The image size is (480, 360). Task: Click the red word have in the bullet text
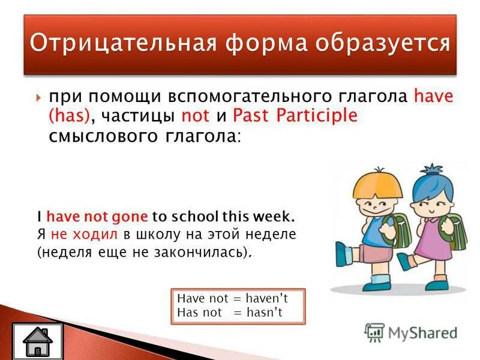click(434, 96)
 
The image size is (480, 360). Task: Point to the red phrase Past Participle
click(295, 115)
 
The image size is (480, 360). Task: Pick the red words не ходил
click(77, 234)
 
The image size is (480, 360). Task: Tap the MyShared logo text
click(421, 332)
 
